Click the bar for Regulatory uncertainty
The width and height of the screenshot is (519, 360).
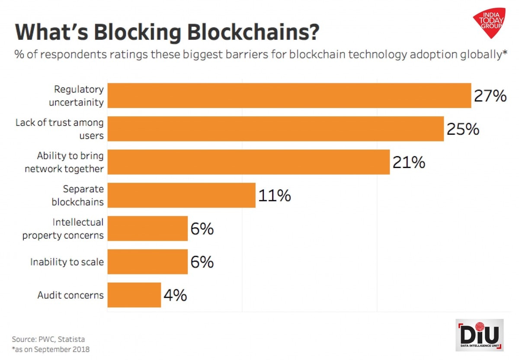coord(289,96)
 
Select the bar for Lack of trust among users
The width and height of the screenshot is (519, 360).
coord(276,129)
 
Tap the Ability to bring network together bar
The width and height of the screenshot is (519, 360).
coord(248,162)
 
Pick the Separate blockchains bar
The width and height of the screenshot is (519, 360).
coord(181,195)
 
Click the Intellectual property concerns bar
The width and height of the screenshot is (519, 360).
coord(147,229)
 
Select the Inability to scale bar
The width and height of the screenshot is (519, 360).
coord(147,262)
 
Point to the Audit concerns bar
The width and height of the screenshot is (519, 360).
coord(134,295)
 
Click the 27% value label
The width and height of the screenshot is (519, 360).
coord(490,96)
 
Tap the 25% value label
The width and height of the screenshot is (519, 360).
coord(463,129)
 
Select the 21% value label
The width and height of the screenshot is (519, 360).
coord(409,162)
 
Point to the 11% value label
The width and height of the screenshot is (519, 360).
coord(275,196)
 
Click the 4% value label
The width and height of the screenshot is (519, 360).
coord(175,296)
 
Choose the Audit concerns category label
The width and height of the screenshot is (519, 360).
coord(70,296)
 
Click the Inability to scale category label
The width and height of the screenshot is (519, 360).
coord(67,262)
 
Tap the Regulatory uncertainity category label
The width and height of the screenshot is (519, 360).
coord(76,96)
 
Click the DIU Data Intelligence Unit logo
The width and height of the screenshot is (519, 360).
coord(480,335)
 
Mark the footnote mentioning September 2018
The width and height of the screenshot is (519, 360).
coord(51,349)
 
